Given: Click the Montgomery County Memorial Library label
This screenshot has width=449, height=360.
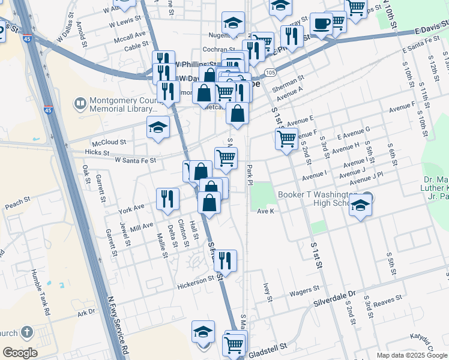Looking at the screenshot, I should [118, 105].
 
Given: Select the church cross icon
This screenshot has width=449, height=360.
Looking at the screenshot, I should [26, 332].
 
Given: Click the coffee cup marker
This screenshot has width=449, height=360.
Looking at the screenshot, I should [321, 25].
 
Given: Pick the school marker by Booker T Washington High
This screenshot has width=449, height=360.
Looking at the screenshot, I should [360, 206].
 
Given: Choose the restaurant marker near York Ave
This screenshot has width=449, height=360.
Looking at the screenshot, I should [167, 199].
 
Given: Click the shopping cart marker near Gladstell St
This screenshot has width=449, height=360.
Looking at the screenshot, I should [233, 344].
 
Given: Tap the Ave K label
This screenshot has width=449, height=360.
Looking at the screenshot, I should [265, 211].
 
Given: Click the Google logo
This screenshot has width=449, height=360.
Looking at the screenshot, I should [20, 353].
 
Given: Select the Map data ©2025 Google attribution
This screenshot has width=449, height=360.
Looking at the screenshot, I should [412, 355].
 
